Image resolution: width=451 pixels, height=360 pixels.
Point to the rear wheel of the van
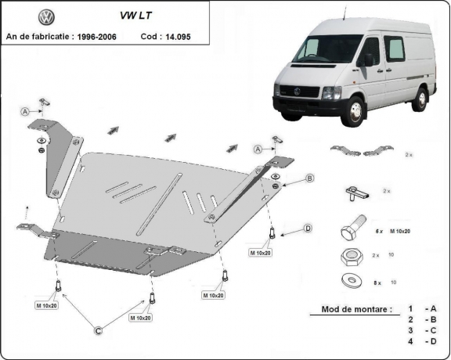pyautogui.click(x=421, y=99)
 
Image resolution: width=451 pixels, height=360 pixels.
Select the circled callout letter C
pyautogui.click(x=99, y=332)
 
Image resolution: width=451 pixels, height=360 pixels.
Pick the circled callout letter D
pyautogui.click(x=308, y=229)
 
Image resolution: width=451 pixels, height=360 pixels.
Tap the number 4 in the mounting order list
pyautogui.click(x=410, y=342)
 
